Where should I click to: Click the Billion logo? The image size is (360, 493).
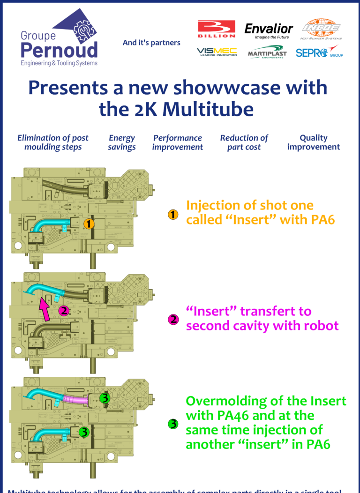click(x=217, y=29)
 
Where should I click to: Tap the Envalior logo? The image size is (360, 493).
click(x=269, y=30)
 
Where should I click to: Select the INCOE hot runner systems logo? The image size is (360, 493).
click(x=321, y=29)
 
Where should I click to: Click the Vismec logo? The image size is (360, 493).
click(x=217, y=52)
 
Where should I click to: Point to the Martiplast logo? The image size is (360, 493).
click(x=267, y=52)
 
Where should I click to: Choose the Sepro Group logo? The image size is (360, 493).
click(x=319, y=52)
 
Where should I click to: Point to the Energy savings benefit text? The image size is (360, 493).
click(x=122, y=142)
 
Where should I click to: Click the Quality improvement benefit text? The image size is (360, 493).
click(x=314, y=142)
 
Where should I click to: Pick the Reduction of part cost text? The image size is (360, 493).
click(x=244, y=142)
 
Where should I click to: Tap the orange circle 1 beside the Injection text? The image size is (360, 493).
click(x=173, y=215)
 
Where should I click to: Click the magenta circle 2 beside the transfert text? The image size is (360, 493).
click(x=173, y=320)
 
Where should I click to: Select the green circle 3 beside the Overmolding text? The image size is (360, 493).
click(x=173, y=424)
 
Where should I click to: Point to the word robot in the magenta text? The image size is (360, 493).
click(x=319, y=325)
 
